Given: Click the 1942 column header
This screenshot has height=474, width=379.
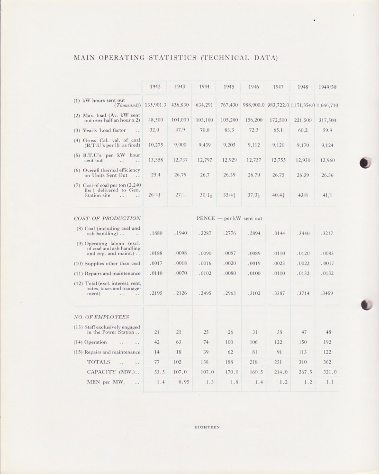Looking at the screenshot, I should click(x=155, y=87).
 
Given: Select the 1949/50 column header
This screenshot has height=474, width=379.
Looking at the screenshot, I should click(x=328, y=87).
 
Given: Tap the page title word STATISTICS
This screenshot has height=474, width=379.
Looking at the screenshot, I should click(x=164, y=58).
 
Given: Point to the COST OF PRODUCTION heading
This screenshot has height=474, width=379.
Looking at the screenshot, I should click(x=107, y=219).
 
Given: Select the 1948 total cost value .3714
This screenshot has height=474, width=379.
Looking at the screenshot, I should click(x=303, y=294).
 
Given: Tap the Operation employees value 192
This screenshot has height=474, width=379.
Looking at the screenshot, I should click(x=327, y=341).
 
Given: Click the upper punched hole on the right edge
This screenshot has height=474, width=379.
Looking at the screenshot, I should click(x=365, y=163).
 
